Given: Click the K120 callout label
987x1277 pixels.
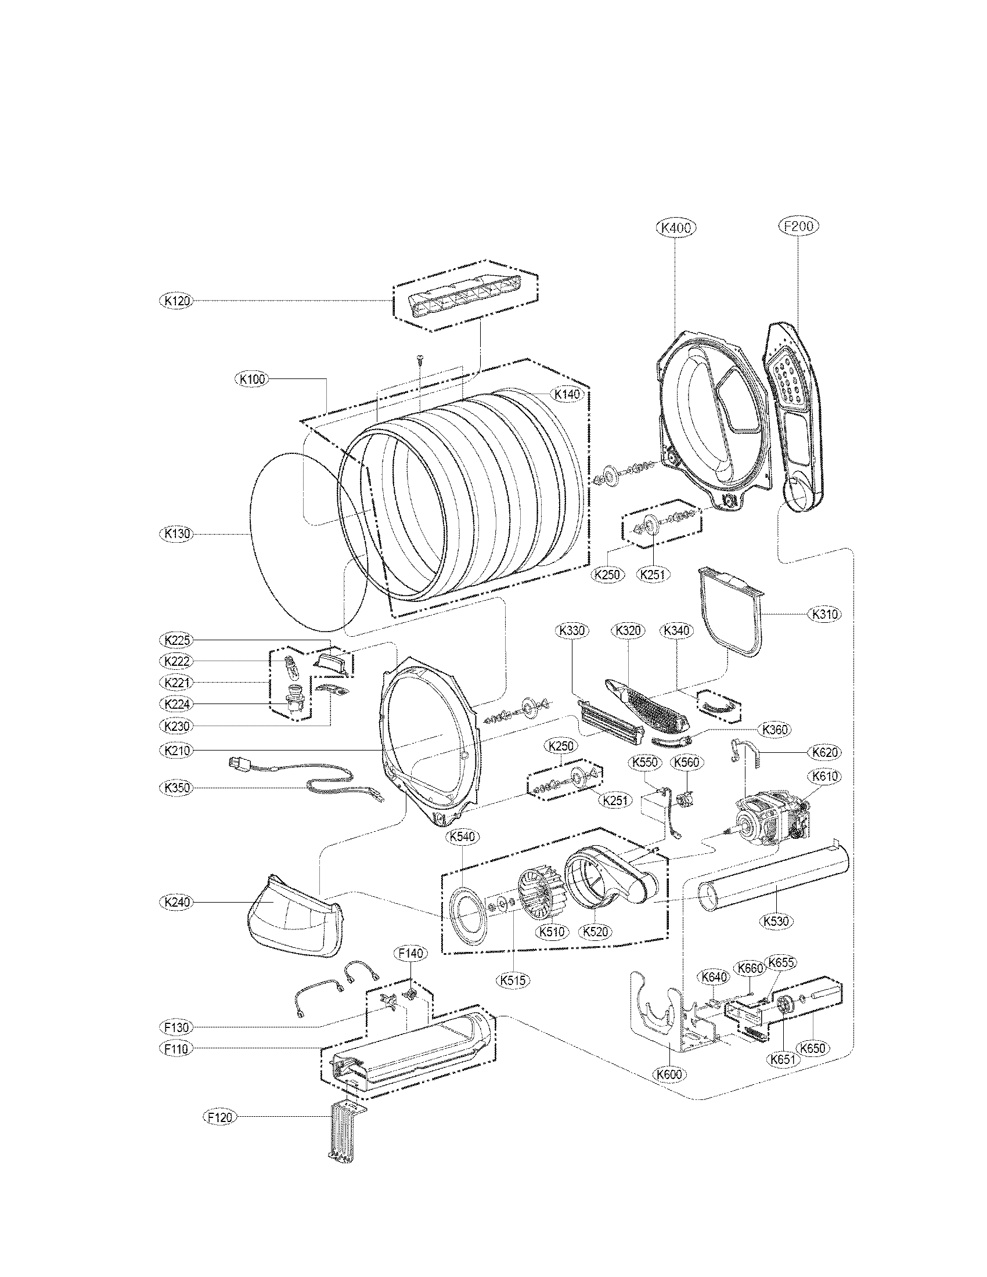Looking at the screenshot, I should point(176,301).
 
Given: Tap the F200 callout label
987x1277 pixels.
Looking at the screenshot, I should point(798,226).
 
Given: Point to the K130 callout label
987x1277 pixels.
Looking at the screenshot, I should point(176,534).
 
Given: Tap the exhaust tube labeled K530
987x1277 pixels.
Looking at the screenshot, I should point(772,886).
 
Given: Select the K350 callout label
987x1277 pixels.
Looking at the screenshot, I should point(176,788).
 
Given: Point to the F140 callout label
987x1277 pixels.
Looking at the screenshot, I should point(411,953).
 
